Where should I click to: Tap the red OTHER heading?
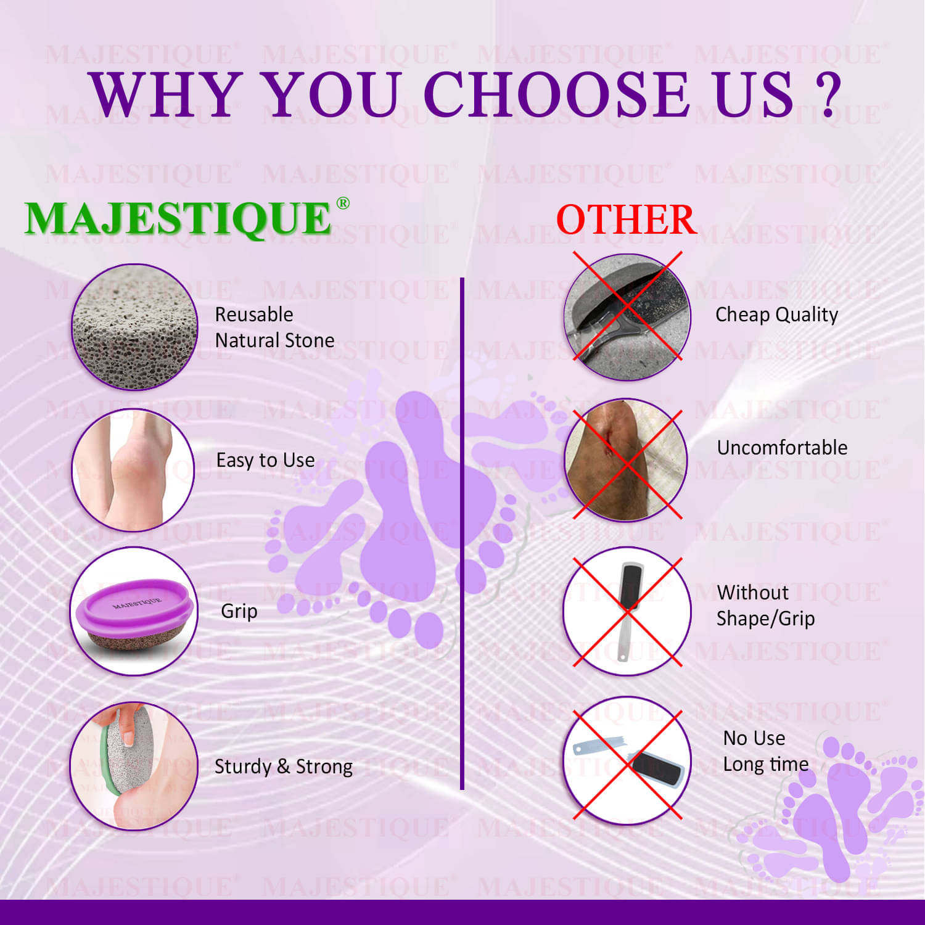coord(626,220)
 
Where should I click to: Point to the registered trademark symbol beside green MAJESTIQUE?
coord(343,203)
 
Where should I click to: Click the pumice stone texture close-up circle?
coord(134,327)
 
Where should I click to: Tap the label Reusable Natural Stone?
coord(274,327)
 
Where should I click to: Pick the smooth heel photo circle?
coord(133,470)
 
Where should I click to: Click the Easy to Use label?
coord(265,460)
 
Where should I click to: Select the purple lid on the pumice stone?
coord(136,608)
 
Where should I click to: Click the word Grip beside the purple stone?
coord(239,611)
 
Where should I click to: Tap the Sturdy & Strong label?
coord(284,767)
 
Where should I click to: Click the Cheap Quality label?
coord(776,314)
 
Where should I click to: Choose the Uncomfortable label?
coord(782,448)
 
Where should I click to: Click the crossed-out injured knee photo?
coord(627,460)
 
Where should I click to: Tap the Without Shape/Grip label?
coord(765,606)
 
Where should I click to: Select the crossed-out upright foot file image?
coord(627,611)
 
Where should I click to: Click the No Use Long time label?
coord(765,751)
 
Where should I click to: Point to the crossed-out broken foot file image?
coord(627,761)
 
